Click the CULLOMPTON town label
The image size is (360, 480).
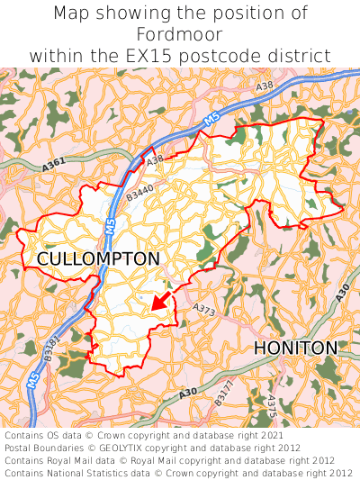[x=98, y=259]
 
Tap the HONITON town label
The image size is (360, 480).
[x=295, y=348]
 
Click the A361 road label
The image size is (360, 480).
[x=55, y=166]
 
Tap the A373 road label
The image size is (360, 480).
[x=204, y=309]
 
